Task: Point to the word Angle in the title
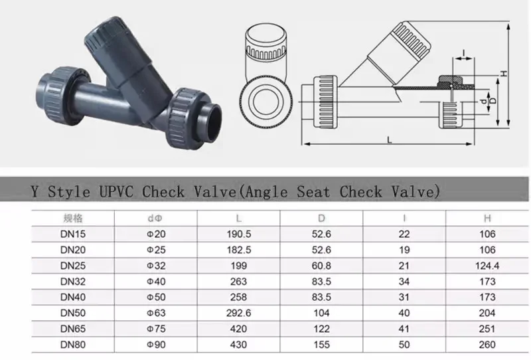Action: pyautogui.click(x=273, y=191)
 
